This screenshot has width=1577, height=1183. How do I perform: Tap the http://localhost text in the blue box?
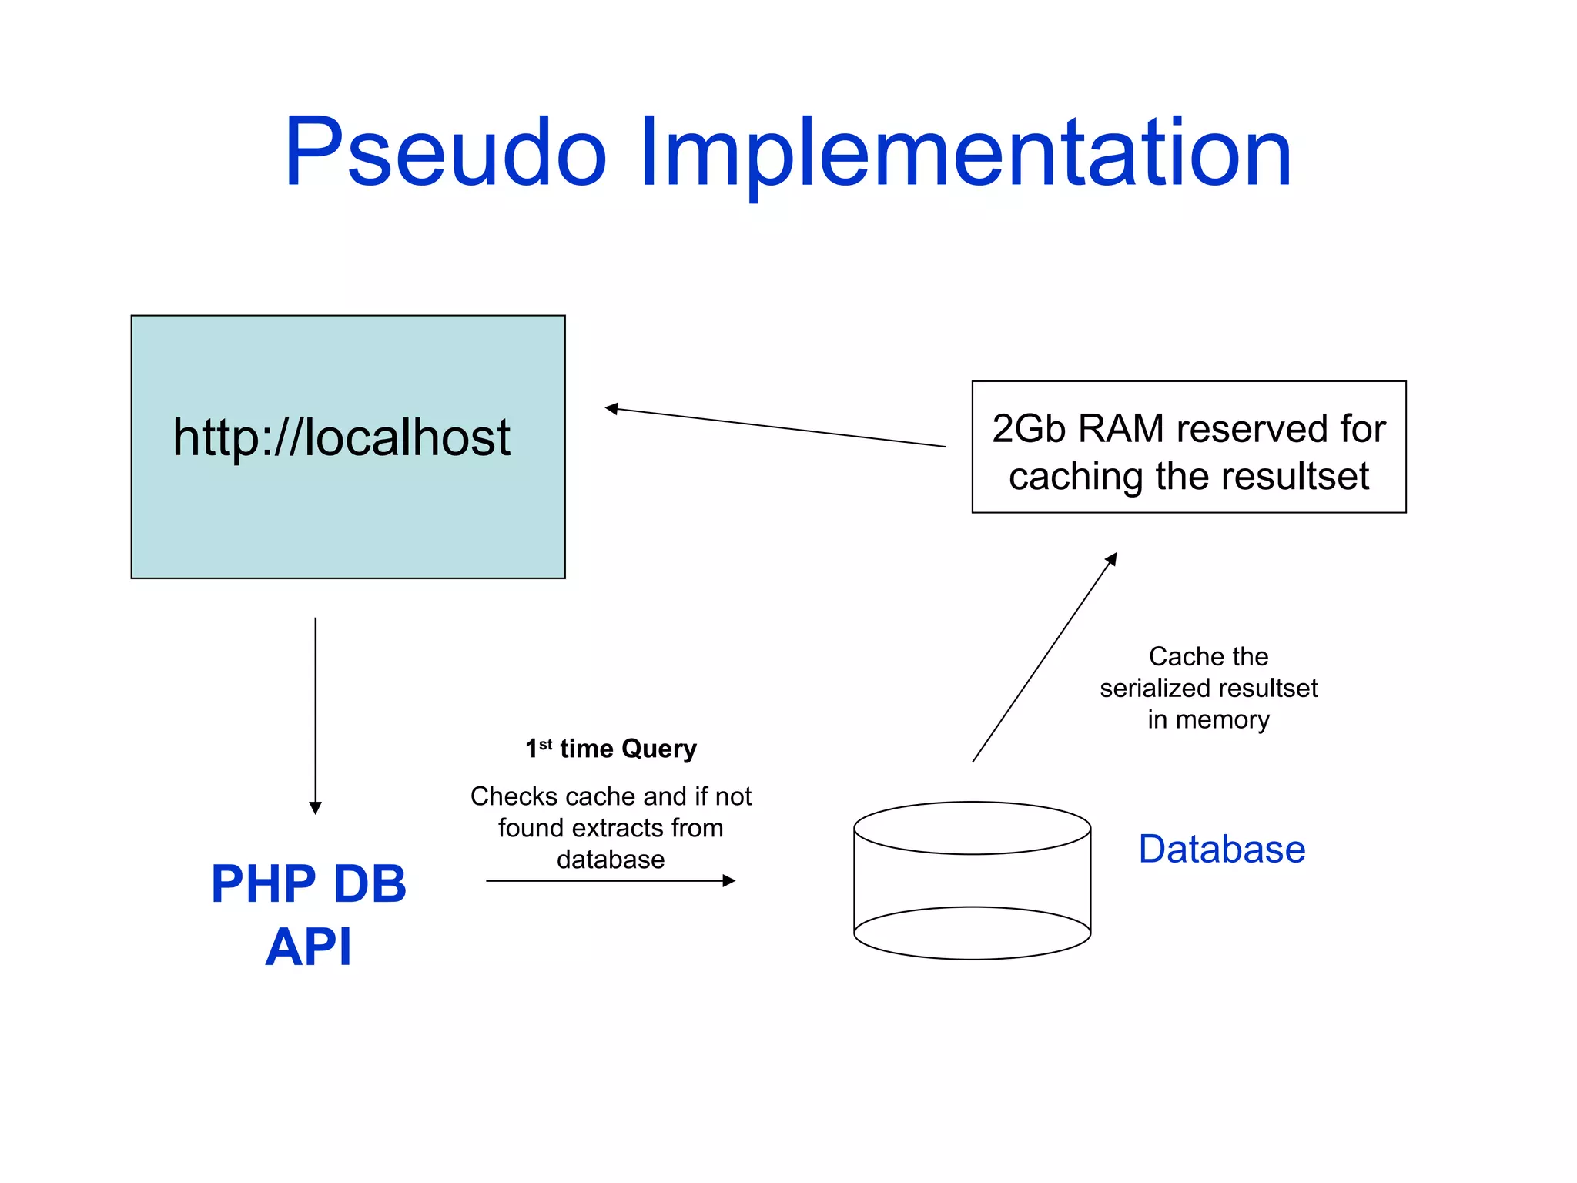(x=341, y=437)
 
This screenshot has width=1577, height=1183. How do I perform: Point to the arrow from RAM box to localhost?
(x=775, y=427)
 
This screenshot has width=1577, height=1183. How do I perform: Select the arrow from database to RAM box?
(x=1043, y=659)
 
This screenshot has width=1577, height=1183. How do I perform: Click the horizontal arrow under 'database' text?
(x=610, y=880)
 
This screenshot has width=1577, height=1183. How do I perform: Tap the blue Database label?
(x=1222, y=850)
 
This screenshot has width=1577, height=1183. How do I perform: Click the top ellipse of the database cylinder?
(x=972, y=828)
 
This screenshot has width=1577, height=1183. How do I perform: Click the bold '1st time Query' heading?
(x=611, y=749)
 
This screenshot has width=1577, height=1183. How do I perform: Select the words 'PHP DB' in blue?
(x=309, y=883)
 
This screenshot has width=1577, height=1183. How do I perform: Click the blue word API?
(x=309, y=947)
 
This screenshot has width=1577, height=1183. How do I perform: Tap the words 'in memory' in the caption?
(x=1208, y=719)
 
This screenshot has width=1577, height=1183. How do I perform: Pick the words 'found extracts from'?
(x=611, y=828)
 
